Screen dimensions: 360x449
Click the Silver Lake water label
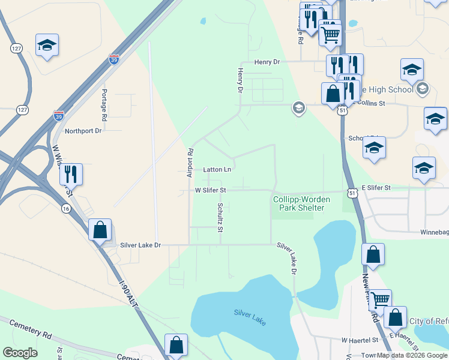(x=249, y=316)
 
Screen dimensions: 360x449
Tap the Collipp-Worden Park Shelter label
(x=298, y=203)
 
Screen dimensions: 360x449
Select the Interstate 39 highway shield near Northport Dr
(x=58, y=115)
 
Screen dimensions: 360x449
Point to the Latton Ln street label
(x=217, y=170)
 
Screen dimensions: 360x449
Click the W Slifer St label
(x=210, y=190)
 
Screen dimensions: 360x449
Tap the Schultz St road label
(x=220, y=217)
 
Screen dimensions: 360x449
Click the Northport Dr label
(x=83, y=131)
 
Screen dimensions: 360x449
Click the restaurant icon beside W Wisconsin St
(x=71, y=174)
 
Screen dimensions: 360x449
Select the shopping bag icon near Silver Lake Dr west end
(x=100, y=229)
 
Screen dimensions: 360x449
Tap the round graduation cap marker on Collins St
(x=298, y=108)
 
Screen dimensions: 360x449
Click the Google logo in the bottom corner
(x=20, y=353)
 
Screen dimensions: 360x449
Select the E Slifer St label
(x=376, y=188)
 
